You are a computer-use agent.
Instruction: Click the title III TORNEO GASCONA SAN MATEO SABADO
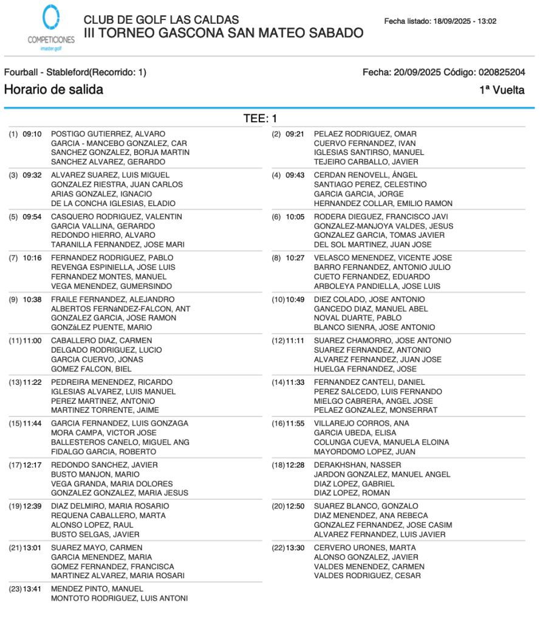[x=224, y=33]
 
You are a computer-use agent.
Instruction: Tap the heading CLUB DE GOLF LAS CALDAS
[x=161, y=20]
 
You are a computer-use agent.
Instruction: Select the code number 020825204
[x=502, y=72]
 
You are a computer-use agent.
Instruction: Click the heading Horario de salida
[x=53, y=90]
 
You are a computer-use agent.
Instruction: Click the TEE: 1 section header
[x=260, y=119]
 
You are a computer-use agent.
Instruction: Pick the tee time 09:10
[x=32, y=134]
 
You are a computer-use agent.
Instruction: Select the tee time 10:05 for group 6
[x=295, y=216]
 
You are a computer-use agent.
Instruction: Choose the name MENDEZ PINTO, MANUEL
[x=97, y=589]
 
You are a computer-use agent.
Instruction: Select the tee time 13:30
[x=295, y=547]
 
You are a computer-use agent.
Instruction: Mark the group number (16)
[x=278, y=423]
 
